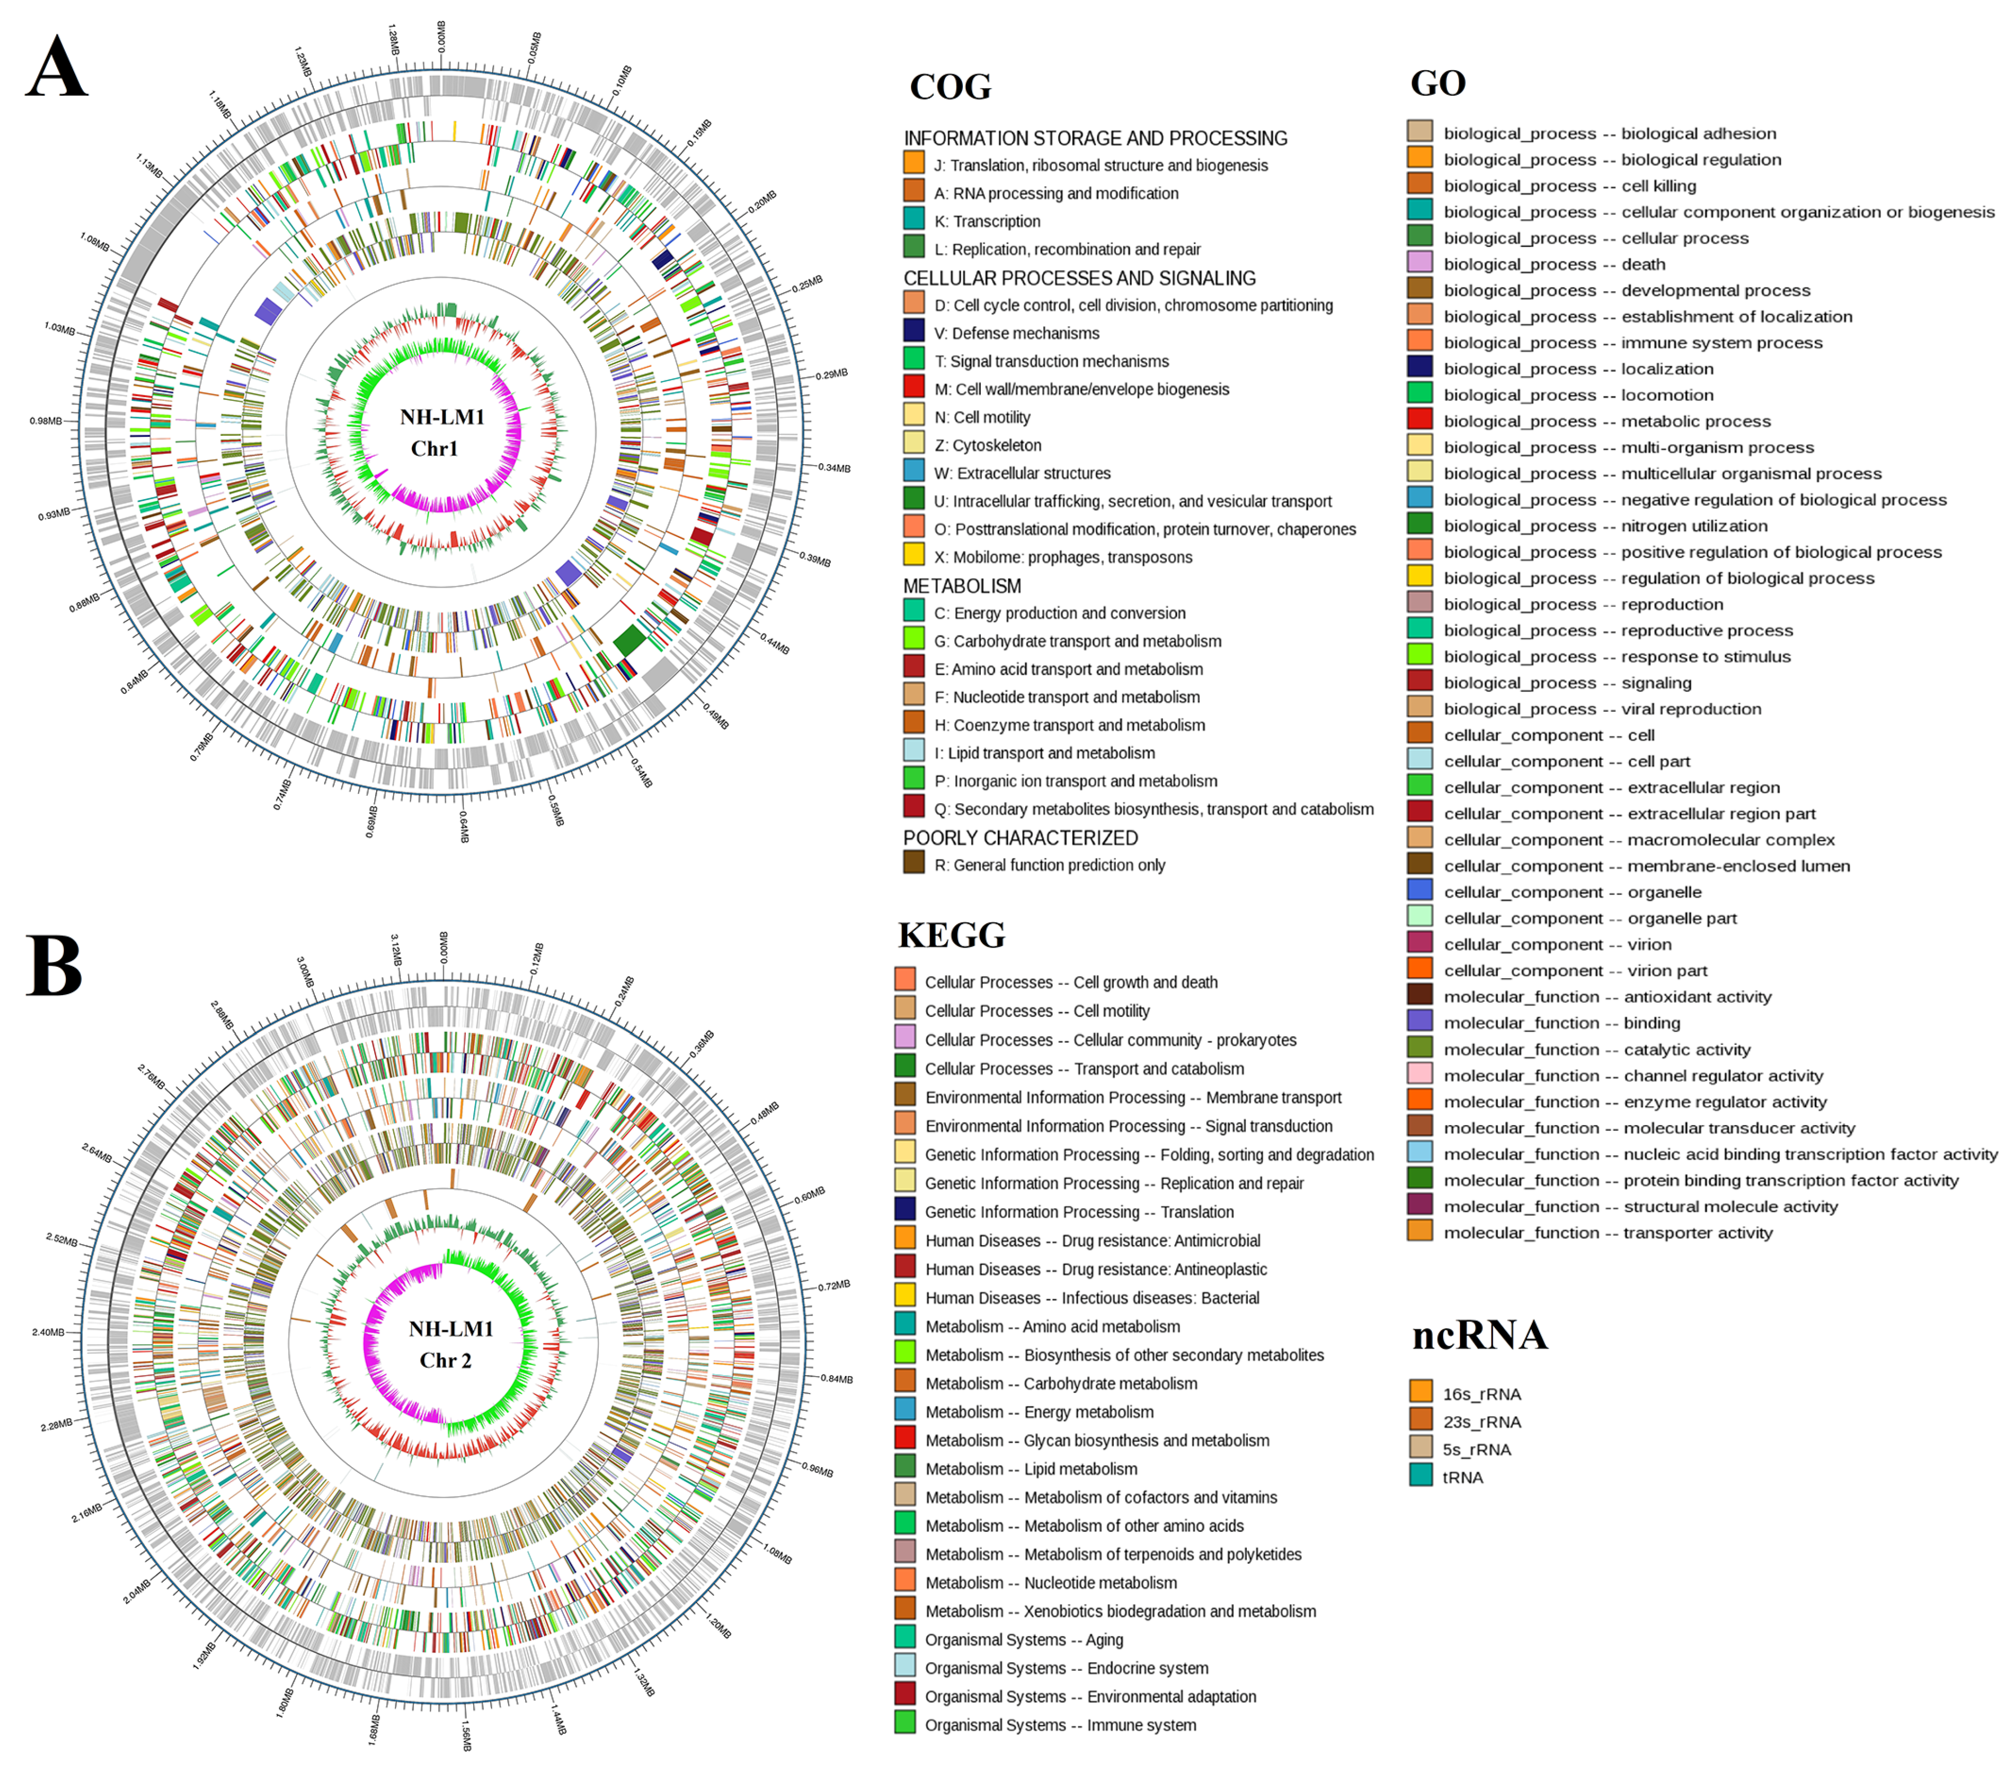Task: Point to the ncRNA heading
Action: pos(1479,1336)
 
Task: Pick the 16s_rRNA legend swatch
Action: pos(1421,1392)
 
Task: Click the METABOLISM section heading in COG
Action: pos(962,586)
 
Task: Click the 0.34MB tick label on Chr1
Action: pos(833,468)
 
